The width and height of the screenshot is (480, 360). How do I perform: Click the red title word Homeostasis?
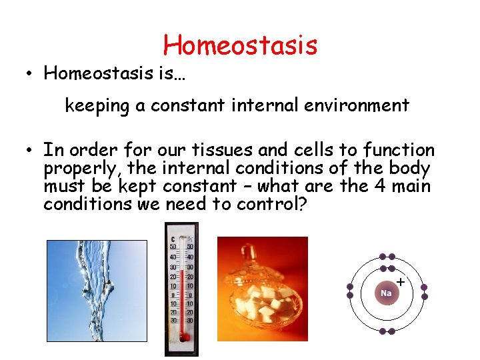click(x=240, y=45)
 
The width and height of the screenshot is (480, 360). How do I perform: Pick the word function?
click(x=396, y=150)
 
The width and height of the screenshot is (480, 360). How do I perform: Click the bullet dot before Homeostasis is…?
click(x=31, y=74)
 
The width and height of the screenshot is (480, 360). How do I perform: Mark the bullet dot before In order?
click(x=31, y=151)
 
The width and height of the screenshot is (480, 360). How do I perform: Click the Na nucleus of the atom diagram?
click(x=386, y=293)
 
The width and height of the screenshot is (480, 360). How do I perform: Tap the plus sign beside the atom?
click(x=400, y=282)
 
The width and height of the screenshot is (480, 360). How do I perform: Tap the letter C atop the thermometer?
click(x=173, y=239)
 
